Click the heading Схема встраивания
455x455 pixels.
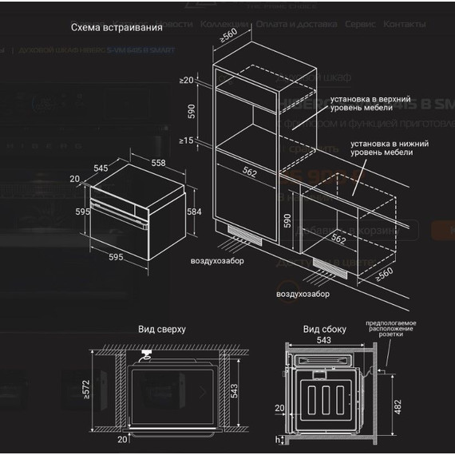[117, 27]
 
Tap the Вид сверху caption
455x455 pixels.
[162, 329]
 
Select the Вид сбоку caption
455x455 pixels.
[323, 329]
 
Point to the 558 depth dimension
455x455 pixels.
[159, 162]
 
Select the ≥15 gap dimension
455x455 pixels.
[187, 140]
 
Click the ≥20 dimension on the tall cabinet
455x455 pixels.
[187, 81]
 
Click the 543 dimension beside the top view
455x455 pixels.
[247, 392]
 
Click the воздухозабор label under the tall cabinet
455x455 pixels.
[216, 262]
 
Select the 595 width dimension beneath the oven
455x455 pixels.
[117, 256]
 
